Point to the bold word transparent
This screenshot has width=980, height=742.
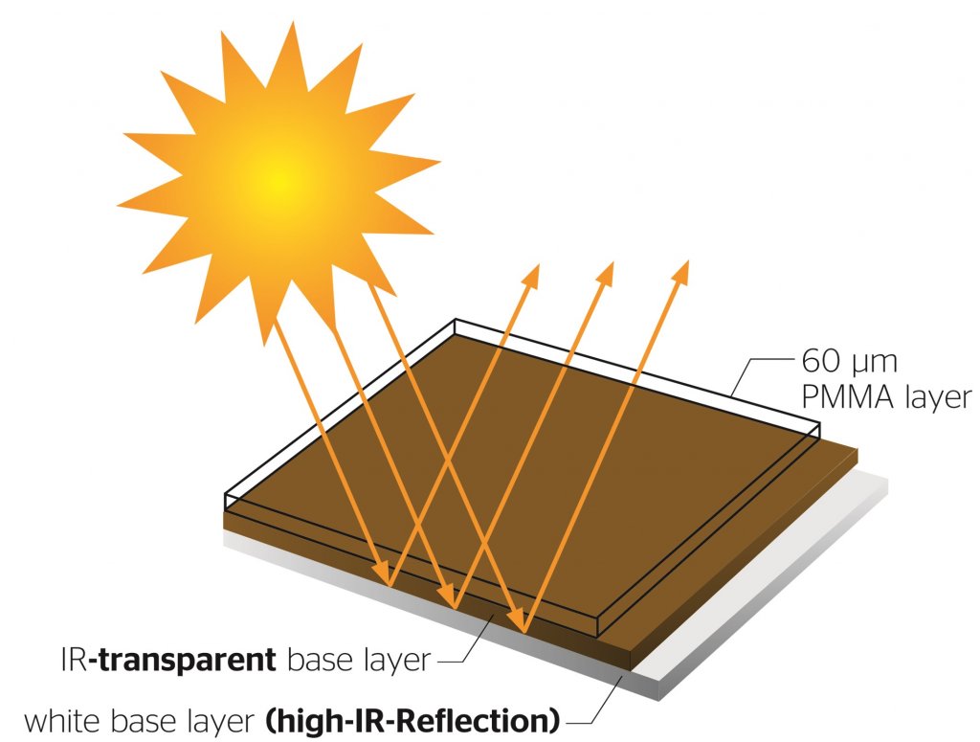pyautogui.click(x=187, y=660)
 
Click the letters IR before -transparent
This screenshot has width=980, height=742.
pyautogui.click(x=75, y=660)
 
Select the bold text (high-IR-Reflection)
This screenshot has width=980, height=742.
pyautogui.click(x=412, y=721)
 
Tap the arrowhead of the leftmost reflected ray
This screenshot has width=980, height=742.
pyautogui.click(x=532, y=275)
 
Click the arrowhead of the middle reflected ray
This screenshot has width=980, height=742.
pyautogui.click(x=606, y=274)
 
